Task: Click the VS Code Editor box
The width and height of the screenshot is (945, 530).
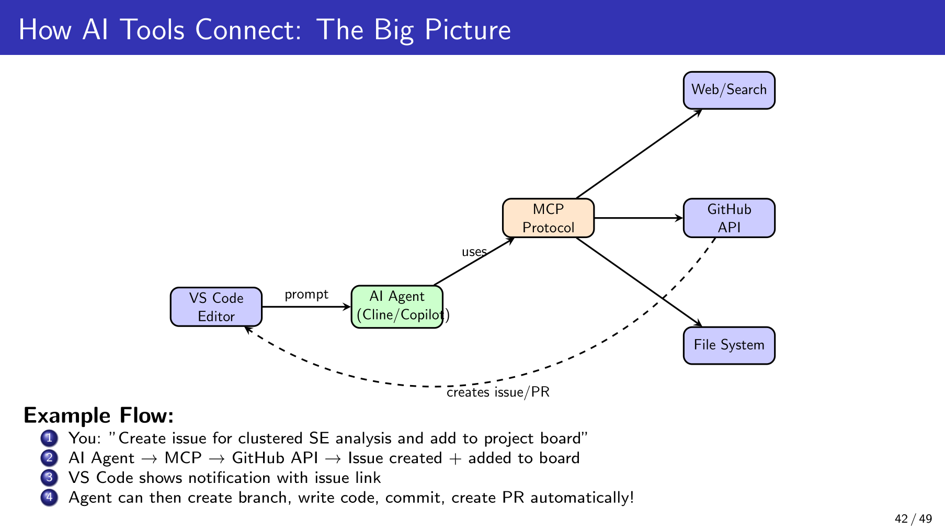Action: pyautogui.click(x=216, y=307)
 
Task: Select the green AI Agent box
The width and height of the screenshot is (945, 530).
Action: pyautogui.click(x=397, y=307)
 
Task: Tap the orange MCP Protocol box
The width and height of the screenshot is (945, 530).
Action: pyautogui.click(x=548, y=218)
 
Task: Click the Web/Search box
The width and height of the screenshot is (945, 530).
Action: pyautogui.click(x=729, y=90)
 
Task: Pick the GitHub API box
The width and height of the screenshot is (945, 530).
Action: pyautogui.click(x=729, y=218)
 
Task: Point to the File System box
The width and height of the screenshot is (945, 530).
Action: pyautogui.click(x=729, y=345)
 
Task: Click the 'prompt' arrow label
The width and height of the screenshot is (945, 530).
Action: pyautogui.click(x=306, y=295)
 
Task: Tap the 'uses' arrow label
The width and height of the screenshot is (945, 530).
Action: pyautogui.click(x=474, y=252)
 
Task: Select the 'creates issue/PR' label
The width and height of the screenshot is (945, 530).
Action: pyautogui.click(x=498, y=392)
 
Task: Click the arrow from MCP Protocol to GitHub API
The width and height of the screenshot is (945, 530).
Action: pyautogui.click(x=638, y=218)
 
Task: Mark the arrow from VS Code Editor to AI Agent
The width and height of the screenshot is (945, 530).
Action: pyautogui.click(x=306, y=307)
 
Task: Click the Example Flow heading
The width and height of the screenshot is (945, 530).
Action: pyautogui.click(x=98, y=415)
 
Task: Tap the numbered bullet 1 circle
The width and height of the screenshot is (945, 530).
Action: pyautogui.click(x=49, y=437)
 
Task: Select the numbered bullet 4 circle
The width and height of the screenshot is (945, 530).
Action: pyautogui.click(x=49, y=497)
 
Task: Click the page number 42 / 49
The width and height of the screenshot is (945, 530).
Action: pyautogui.click(x=913, y=519)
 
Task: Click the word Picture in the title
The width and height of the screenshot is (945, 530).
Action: pyautogui.click(x=468, y=29)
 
